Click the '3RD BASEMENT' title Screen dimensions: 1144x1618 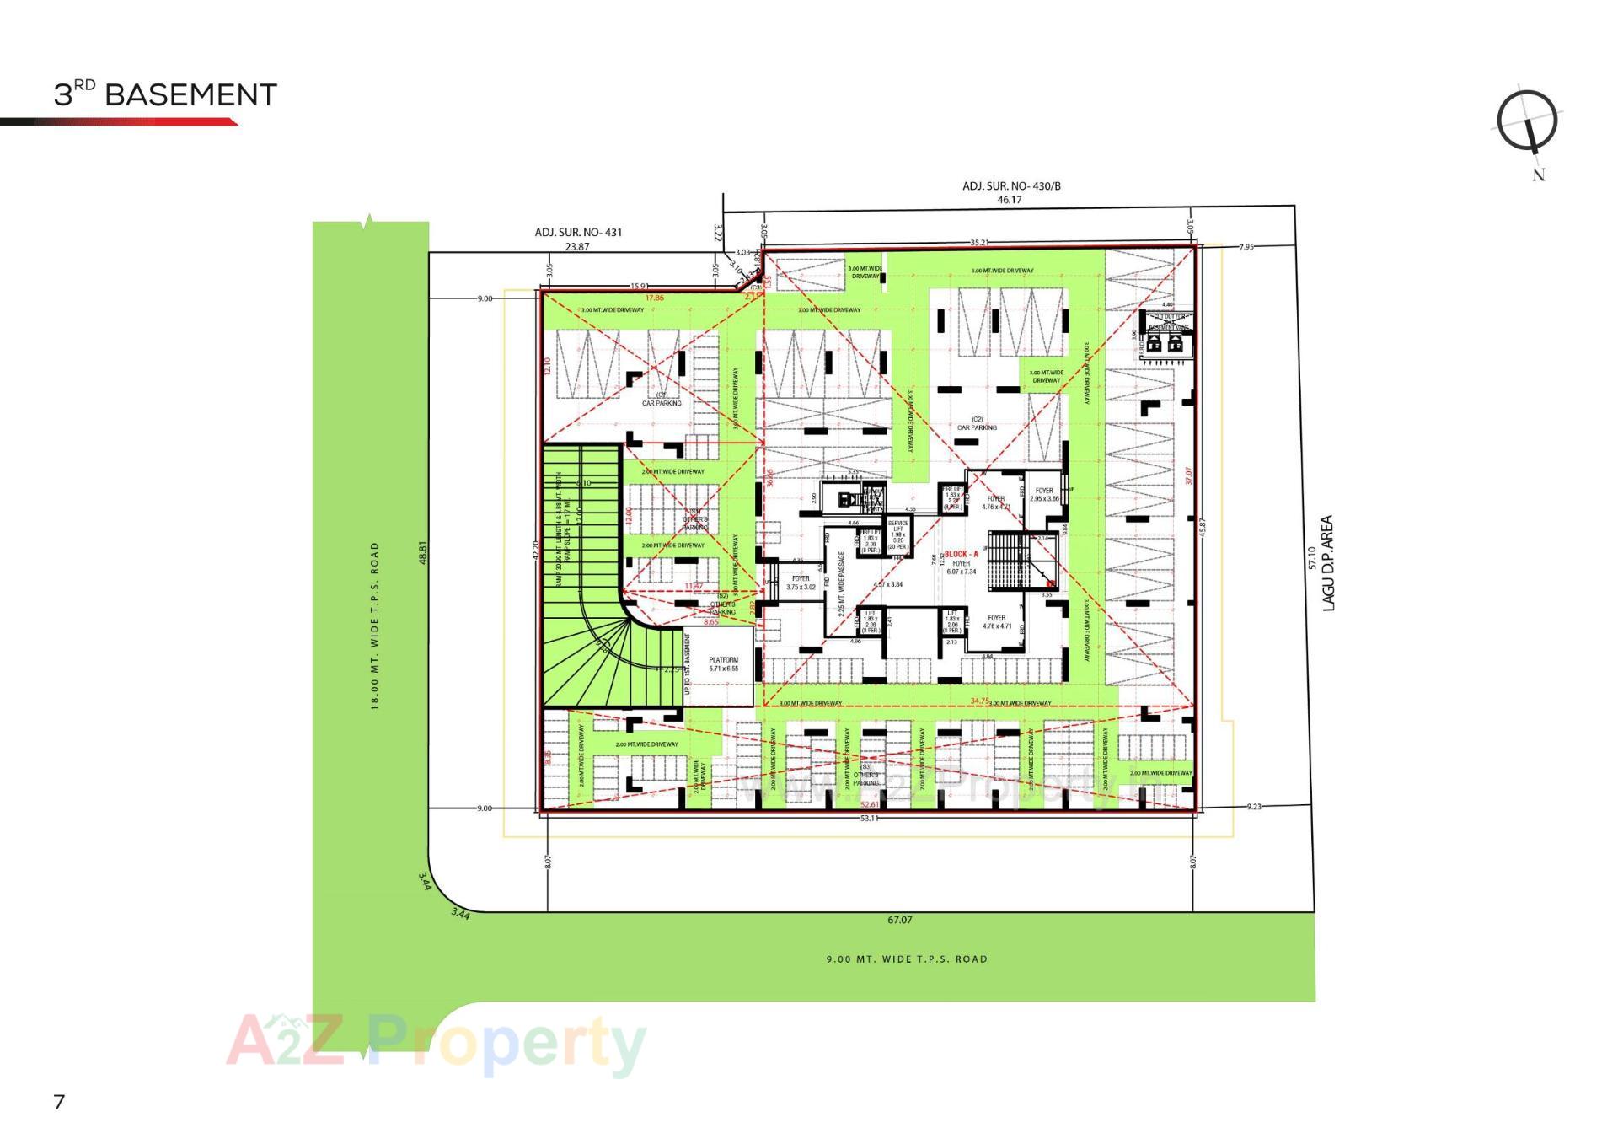(165, 94)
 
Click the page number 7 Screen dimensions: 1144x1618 (58, 1101)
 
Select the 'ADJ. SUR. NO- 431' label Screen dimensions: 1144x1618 (578, 232)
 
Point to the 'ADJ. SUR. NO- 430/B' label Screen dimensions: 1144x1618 (1011, 185)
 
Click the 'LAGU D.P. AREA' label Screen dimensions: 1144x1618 (1328, 563)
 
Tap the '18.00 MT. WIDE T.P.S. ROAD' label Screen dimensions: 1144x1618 (375, 626)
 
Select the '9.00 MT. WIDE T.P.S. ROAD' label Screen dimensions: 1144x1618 (906, 959)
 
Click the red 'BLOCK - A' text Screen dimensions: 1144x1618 (961, 554)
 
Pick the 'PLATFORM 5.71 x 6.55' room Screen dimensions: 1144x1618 (723, 664)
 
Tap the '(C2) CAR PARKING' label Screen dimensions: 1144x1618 (977, 423)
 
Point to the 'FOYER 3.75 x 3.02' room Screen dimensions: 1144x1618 (801, 583)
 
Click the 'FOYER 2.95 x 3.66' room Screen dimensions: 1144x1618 (1044, 494)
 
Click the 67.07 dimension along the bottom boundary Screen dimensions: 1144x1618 (899, 920)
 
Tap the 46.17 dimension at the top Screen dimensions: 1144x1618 (1009, 200)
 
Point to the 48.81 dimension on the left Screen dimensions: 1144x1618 (423, 552)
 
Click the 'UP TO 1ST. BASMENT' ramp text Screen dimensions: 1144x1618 (688, 663)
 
